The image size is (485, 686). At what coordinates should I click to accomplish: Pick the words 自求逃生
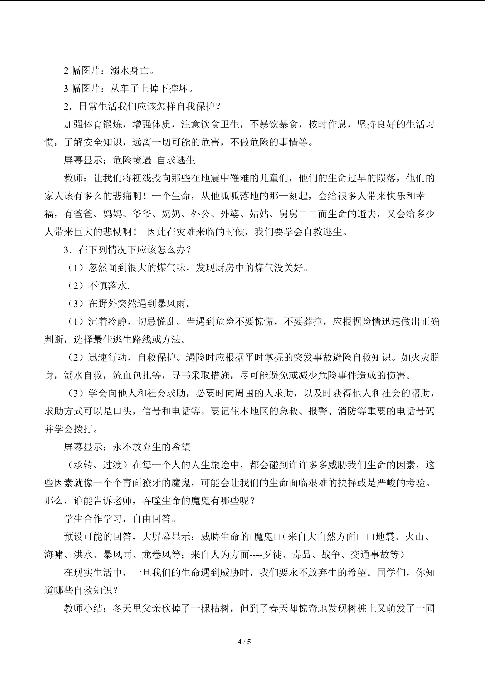pos(176,160)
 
